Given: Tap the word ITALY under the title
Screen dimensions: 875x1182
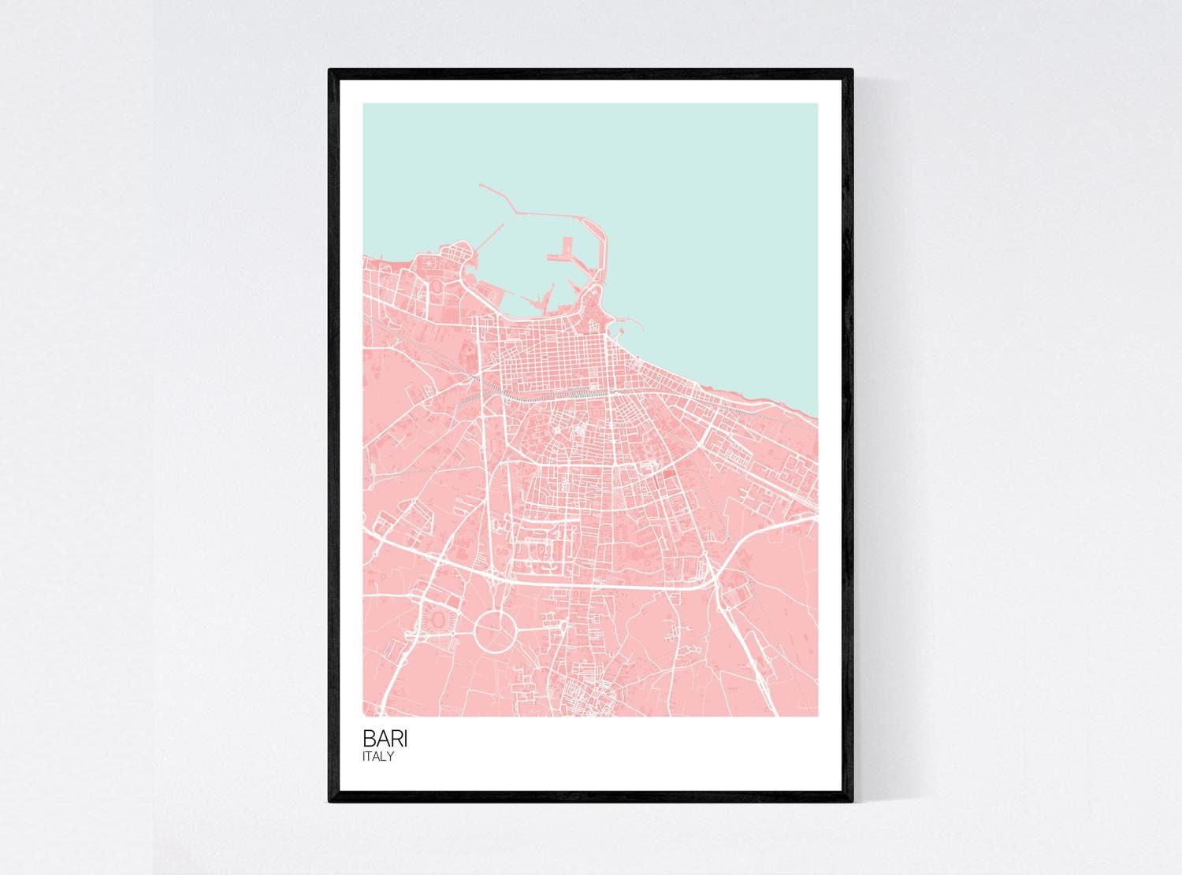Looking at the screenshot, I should [x=378, y=757].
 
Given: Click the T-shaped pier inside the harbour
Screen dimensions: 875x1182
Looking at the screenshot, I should [x=561, y=250].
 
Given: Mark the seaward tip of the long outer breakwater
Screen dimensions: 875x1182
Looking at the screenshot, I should [x=479, y=185].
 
